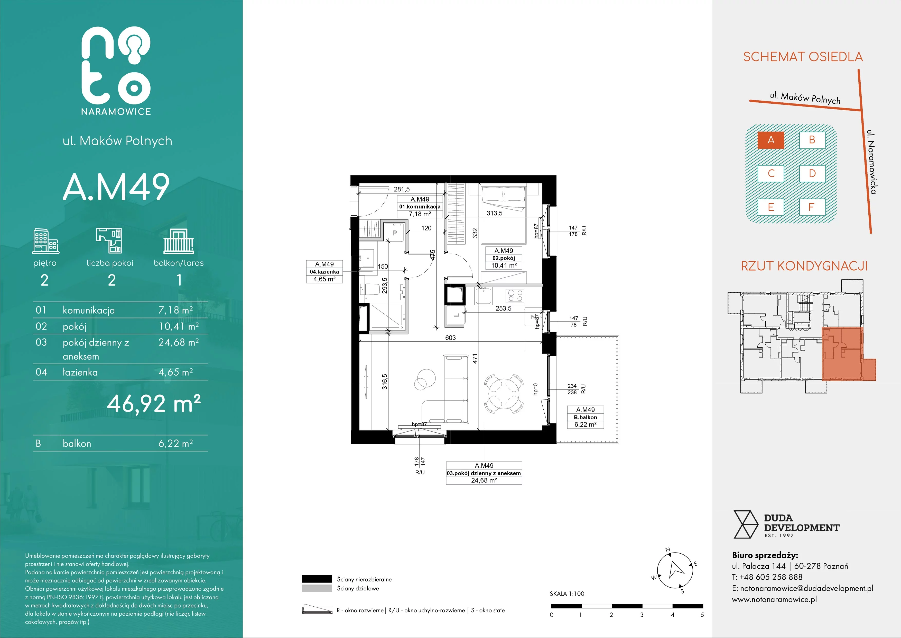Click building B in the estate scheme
[812, 140]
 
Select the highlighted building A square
[771, 140]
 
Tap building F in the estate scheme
[812, 207]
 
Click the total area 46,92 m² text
[154, 403]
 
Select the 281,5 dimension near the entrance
[402, 189]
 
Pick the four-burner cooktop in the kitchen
[514, 295]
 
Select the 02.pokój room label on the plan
[504, 258]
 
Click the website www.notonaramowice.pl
[774, 599]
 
